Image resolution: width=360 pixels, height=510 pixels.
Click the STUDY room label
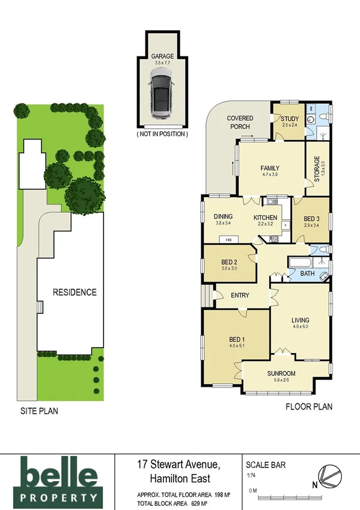(x=289, y=118)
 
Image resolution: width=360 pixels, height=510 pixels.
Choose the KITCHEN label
(x=265, y=218)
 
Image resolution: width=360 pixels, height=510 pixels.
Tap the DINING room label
(x=224, y=218)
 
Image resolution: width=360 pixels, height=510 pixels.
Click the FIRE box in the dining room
(x=229, y=239)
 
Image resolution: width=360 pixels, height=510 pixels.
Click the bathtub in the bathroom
(x=298, y=263)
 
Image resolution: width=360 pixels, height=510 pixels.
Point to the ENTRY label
(x=240, y=295)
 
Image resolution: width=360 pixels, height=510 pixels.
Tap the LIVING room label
(x=300, y=320)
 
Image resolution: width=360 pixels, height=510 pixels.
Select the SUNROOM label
(x=281, y=373)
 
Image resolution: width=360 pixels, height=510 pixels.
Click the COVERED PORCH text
(x=240, y=122)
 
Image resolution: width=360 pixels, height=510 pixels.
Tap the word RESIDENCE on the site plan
(x=75, y=293)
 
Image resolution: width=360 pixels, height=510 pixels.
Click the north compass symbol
(x=330, y=475)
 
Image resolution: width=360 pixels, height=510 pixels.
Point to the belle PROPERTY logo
(x=58, y=479)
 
